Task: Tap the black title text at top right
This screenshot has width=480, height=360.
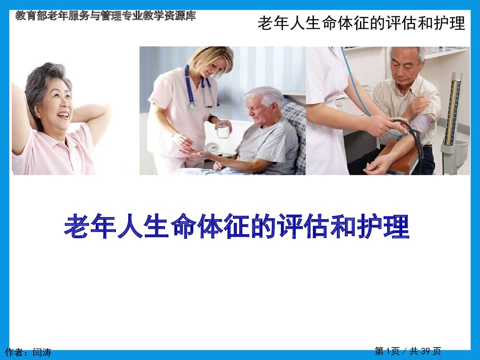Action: pos(361,23)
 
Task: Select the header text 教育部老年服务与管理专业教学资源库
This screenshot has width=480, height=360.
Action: pos(106,16)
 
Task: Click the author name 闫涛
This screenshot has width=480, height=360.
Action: pos(42,353)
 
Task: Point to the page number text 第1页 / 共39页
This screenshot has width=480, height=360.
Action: pos(408,352)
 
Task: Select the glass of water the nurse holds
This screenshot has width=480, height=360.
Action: pos(222,131)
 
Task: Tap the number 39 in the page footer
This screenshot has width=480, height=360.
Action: pos(425,352)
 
